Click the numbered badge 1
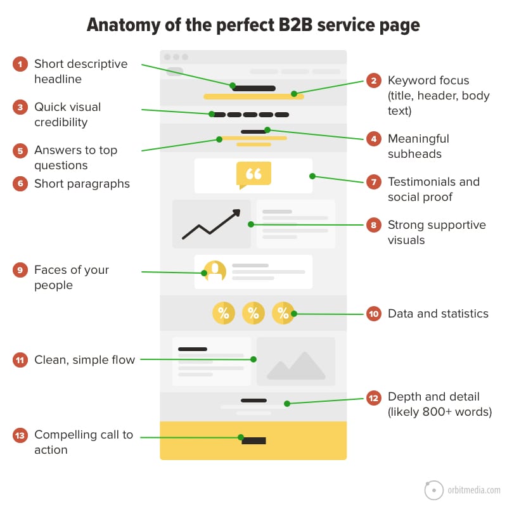pyautogui.click(x=21, y=64)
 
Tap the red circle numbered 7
pyautogui.click(x=374, y=182)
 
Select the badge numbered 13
pyautogui.click(x=21, y=435)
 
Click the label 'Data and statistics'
pyautogui.click(x=438, y=314)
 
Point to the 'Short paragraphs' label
pyautogui.click(x=82, y=184)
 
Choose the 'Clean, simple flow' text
pyautogui.click(x=84, y=360)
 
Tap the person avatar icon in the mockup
pyautogui.click(x=215, y=271)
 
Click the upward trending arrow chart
pyautogui.click(x=212, y=224)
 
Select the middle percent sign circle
pyautogui.click(x=253, y=312)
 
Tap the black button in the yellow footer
pyautogui.click(x=253, y=440)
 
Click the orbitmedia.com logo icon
pyautogui.click(x=433, y=491)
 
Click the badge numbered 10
pyautogui.click(x=374, y=314)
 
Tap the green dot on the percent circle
pyautogui.click(x=294, y=314)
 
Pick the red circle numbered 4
pyautogui.click(x=374, y=139)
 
